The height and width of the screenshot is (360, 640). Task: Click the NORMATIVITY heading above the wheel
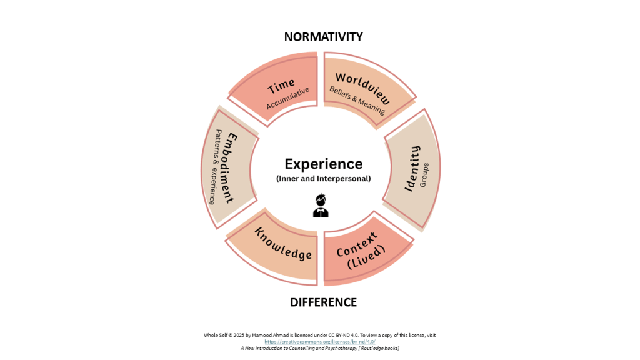point(323,37)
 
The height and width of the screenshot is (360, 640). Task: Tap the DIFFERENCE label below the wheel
point(323,302)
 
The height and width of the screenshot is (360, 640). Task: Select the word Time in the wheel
point(281,86)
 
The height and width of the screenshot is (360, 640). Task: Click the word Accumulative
point(288,98)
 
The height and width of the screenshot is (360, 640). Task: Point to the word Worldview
point(363,89)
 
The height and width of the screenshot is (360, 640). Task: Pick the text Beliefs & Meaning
point(357,100)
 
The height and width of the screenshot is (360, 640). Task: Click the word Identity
point(412,167)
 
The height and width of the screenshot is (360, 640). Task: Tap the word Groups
point(425,175)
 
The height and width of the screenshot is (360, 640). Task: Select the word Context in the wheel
point(357,244)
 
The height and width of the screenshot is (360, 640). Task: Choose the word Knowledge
point(282,244)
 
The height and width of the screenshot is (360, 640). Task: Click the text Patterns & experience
point(216,167)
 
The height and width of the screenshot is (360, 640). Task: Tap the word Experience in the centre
point(323,164)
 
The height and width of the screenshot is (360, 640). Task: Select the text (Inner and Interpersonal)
point(323,179)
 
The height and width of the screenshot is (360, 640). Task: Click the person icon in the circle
point(321,206)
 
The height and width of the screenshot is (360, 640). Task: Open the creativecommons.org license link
point(319,342)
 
